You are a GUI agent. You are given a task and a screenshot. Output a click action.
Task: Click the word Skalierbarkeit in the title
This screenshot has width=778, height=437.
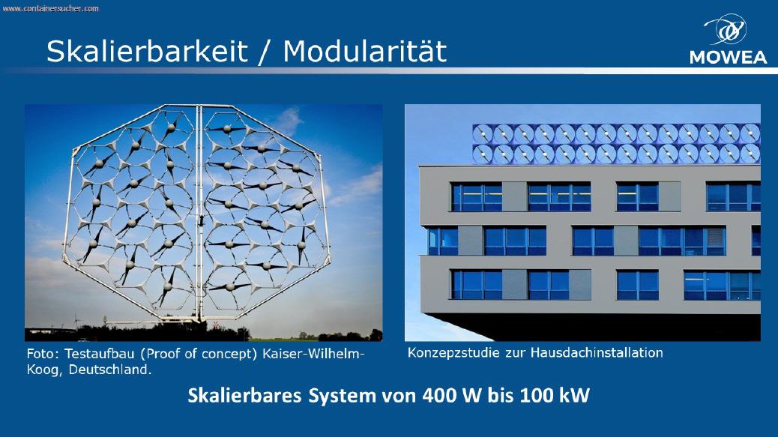pos(147,51)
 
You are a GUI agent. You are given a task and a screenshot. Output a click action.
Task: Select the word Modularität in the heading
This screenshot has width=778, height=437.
pos(365,50)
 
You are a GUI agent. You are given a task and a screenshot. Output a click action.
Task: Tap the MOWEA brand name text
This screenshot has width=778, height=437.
pos(728,57)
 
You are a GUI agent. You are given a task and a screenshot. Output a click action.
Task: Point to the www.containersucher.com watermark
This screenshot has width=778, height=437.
pos(51,8)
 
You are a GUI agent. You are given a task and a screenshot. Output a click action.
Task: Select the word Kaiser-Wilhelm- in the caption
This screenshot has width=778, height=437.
pos(313,354)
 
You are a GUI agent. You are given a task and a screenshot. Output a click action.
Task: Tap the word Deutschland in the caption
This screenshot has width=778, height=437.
pos(109,370)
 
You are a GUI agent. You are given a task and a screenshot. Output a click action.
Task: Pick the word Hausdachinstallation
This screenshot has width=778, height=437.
pos(597,353)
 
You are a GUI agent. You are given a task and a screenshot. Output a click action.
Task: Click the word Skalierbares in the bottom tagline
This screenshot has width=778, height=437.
pos(244,395)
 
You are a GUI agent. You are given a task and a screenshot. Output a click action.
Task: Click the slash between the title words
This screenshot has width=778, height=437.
pos(265,52)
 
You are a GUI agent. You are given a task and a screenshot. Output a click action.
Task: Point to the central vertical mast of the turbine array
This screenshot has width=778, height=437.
pos(200,214)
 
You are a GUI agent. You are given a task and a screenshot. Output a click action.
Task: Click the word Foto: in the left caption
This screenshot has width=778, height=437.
pos(43,354)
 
